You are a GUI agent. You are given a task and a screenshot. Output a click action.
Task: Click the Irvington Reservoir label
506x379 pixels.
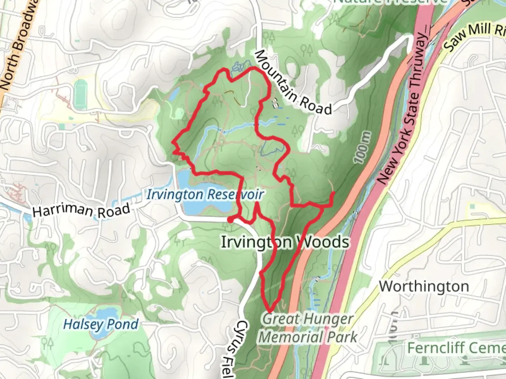[205, 194]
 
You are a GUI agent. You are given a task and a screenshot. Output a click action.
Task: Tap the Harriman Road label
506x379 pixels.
[82, 210]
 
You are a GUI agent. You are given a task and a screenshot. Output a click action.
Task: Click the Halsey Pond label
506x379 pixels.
[101, 324]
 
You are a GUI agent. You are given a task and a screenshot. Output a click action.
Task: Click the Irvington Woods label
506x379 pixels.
[285, 242]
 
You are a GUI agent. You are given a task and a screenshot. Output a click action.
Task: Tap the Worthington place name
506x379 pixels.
[424, 286]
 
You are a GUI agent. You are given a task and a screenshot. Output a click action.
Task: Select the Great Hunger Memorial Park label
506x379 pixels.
[308, 328]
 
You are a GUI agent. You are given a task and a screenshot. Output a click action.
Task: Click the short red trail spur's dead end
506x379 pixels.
[332, 193]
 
